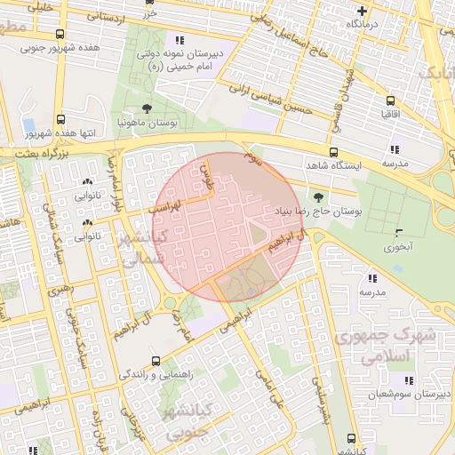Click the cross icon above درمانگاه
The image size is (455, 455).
[x=361, y=11]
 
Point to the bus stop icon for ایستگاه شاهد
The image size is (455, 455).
[x=333, y=152]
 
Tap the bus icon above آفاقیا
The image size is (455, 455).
[x=388, y=100]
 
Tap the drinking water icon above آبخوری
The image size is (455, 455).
[x=396, y=234]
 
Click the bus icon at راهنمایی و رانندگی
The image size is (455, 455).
[x=156, y=361]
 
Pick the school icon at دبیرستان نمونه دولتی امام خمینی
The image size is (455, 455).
[x=180, y=40]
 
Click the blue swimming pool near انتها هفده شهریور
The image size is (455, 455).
[x=28, y=124]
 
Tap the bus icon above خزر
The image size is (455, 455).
[x=148, y=4]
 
